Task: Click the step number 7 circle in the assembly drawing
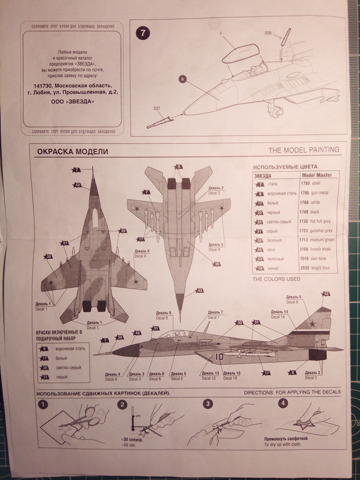[x=143, y=33]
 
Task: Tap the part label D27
[x=157, y=109]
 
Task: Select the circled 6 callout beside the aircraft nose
[x=182, y=79]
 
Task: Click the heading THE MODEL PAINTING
[x=304, y=150]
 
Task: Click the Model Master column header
[x=316, y=175]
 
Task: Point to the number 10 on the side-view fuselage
[x=219, y=357]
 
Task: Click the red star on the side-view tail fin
[x=313, y=322]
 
